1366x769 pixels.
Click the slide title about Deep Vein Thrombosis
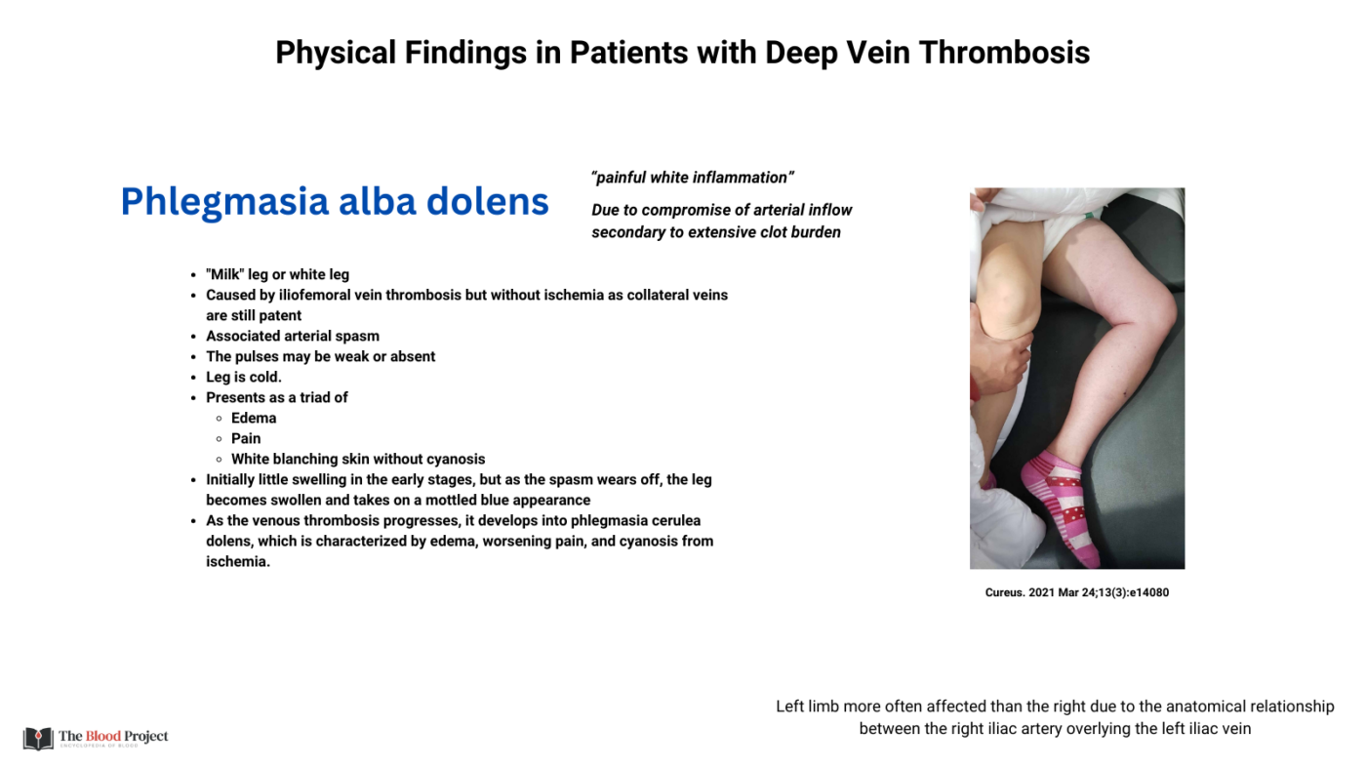pos(682,52)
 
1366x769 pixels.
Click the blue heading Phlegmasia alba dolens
pos(334,201)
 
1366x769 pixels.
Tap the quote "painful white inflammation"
pos(692,178)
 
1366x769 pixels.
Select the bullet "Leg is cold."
pos(243,377)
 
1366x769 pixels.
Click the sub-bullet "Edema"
pos(253,418)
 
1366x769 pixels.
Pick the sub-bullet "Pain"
pos(246,438)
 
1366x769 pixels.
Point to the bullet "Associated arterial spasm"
pos(292,336)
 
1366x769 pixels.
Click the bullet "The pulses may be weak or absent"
pos(320,356)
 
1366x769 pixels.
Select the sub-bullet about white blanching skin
pos(357,459)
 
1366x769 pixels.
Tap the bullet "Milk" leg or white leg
pos(277,274)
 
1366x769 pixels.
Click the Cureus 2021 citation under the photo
pos(1076,592)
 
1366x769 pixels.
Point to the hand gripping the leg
pos(999,356)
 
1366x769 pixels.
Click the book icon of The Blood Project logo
pos(38,738)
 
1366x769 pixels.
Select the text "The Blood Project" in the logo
pos(113,736)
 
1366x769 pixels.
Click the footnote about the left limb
pos(1055,717)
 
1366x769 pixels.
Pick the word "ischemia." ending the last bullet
pos(237,561)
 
